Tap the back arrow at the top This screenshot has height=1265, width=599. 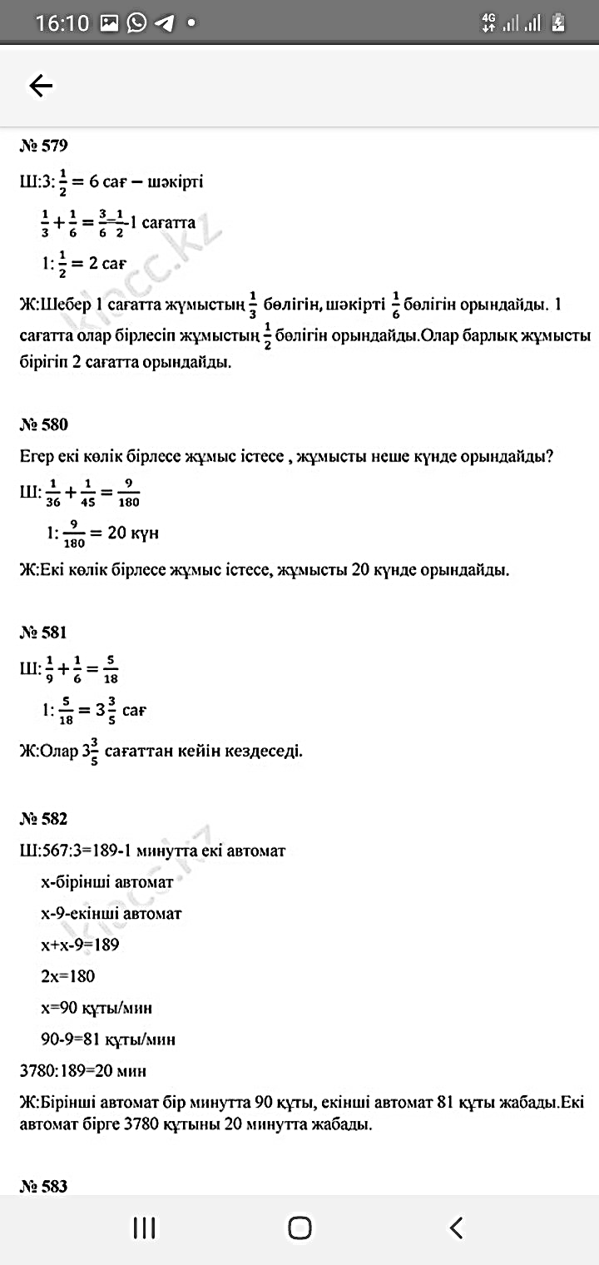click(x=41, y=85)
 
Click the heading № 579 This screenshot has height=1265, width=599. click(x=43, y=146)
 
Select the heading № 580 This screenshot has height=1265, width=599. click(x=43, y=424)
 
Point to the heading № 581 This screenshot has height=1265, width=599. click(x=43, y=632)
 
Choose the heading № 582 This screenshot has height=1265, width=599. click(x=43, y=819)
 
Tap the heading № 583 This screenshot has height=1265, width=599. click(x=43, y=1186)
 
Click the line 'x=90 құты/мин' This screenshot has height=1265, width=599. click(x=96, y=1008)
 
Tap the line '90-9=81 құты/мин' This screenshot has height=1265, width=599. click(x=108, y=1039)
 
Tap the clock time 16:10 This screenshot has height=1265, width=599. click(x=62, y=23)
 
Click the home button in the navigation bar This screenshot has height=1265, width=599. click(x=299, y=1228)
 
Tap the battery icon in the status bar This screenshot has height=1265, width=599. click(x=559, y=23)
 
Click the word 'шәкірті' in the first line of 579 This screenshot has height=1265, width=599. click(x=173, y=181)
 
